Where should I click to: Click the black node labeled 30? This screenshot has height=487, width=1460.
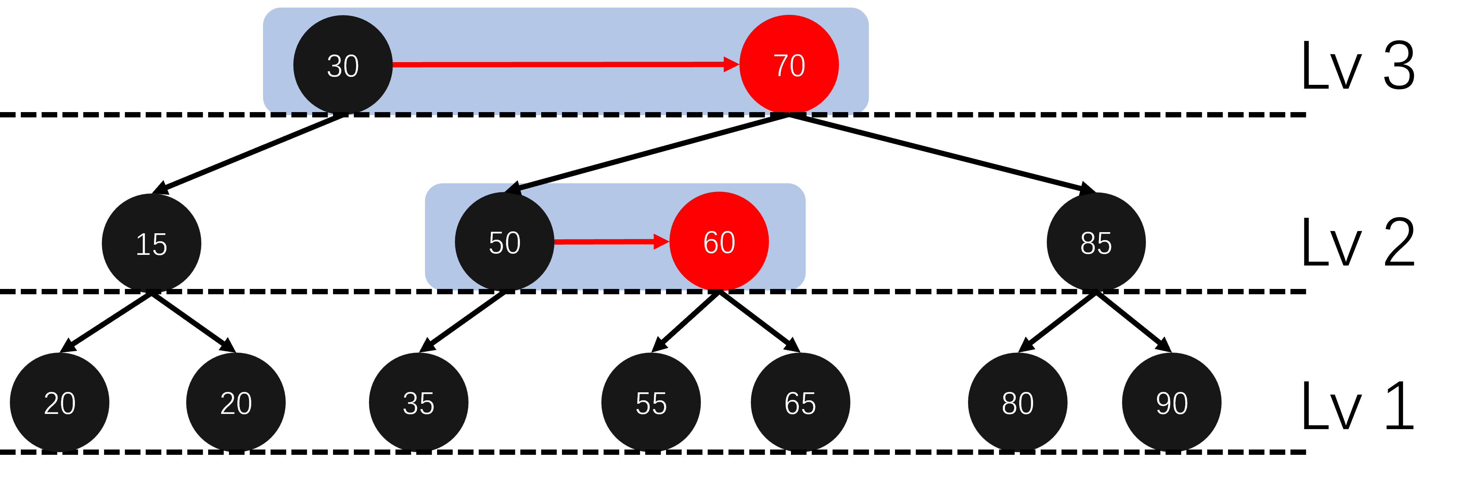342,65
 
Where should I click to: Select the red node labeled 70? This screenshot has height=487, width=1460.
789,65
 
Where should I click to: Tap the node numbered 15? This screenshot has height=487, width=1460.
151,243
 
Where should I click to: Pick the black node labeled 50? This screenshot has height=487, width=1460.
504,242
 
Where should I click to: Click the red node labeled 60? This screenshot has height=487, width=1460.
719,242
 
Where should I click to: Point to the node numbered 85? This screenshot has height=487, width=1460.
1096,243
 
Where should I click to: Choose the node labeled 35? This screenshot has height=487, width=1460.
418,403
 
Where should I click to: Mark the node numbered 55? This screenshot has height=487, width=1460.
651,403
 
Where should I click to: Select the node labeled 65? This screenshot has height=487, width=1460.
800,403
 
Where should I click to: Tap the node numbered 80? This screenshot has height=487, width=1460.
1017,403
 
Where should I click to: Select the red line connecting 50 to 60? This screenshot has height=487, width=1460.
604,242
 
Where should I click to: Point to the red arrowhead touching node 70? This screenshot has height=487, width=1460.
731,65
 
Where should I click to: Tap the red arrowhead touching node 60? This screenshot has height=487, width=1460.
662,242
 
